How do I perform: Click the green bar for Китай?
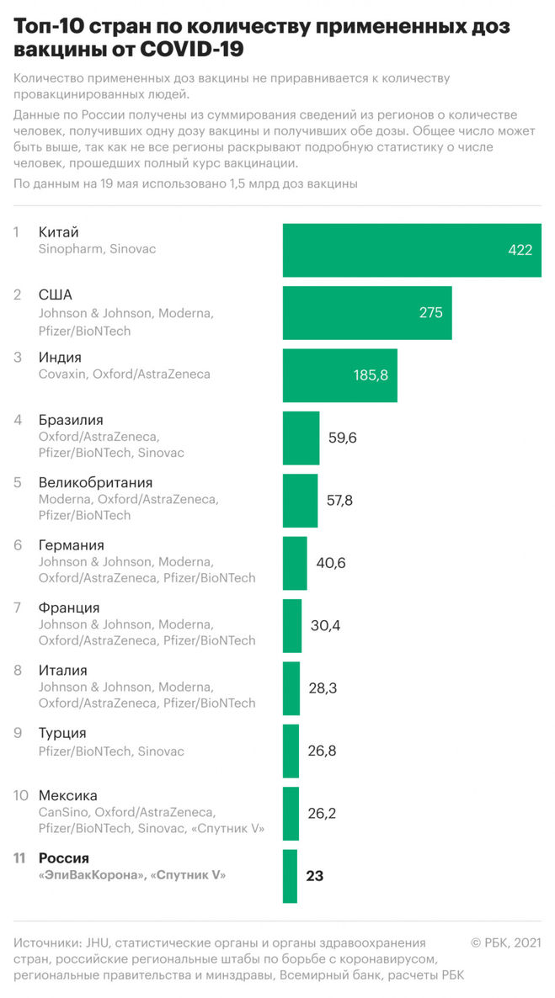point(411,250)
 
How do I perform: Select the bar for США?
point(366,312)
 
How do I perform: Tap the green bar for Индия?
point(339,375)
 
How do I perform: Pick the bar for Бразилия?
point(301,438)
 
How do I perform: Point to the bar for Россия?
point(290,876)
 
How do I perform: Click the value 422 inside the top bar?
point(520,250)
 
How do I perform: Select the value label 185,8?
point(371,375)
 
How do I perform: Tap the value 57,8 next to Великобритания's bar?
point(339,501)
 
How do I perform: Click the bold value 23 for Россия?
point(315,876)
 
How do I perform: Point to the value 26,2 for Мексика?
point(323,814)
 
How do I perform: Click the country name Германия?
point(72,545)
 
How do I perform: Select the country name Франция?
point(69,608)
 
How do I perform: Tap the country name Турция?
point(62,733)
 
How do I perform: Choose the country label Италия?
point(63,671)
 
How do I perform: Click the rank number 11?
point(19,858)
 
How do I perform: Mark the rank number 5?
point(18,483)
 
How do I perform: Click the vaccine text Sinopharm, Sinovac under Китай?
point(97,249)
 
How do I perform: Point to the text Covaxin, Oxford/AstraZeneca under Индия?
point(125,374)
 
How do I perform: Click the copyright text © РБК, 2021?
point(505,942)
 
